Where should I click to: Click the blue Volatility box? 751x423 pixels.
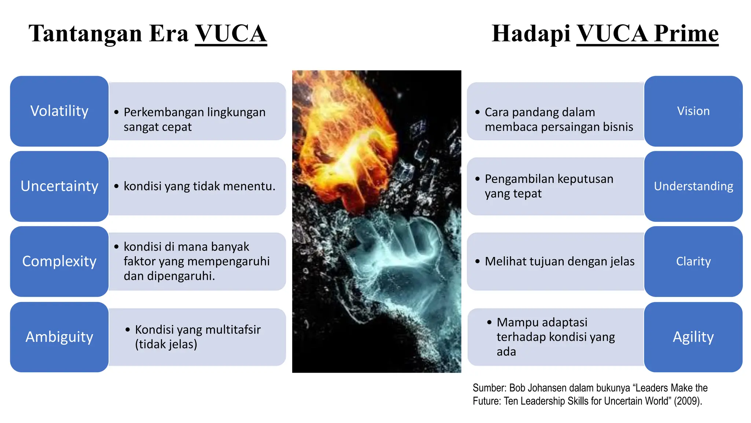click(x=59, y=111)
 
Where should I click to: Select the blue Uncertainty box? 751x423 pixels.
click(x=59, y=186)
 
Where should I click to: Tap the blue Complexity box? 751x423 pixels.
click(x=59, y=261)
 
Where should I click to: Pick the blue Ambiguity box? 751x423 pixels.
click(x=59, y=337)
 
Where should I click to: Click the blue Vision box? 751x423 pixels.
click(x=693, y=111)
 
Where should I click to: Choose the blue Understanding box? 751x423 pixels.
click(x=693, y=186)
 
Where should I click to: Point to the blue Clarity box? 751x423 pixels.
click(x=693, y=261)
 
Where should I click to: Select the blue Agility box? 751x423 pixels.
click(x=693, y=337)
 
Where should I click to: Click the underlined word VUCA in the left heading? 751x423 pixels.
click(x=231, y=34)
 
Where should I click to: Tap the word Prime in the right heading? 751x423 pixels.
click(x=686, y=34)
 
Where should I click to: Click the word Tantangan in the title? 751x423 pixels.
click(x=85, y=34)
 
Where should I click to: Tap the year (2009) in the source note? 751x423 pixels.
click(x=688, y=401)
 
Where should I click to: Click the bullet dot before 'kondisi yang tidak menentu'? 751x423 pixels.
click(x=116, y=187)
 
